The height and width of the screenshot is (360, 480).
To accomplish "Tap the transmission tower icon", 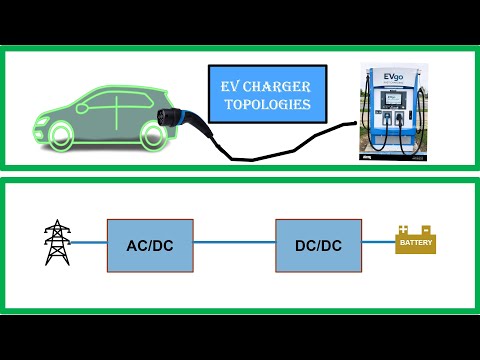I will (x=58, y=243).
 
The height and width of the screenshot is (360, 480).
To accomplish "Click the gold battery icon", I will (x=416, y=241).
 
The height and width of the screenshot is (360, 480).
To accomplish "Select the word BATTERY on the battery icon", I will (x=416, y=243).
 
